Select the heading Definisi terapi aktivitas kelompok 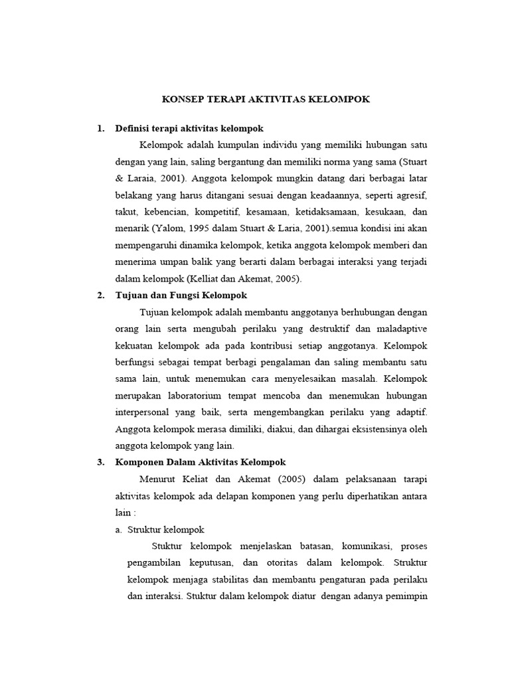[x=189, y=128]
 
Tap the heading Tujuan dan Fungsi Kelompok [x=181, y=296]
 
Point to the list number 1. [x=100, y=128]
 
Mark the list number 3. [x=100, y=462]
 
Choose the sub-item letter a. [x=119, y=530]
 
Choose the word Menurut [x=159, y=479]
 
